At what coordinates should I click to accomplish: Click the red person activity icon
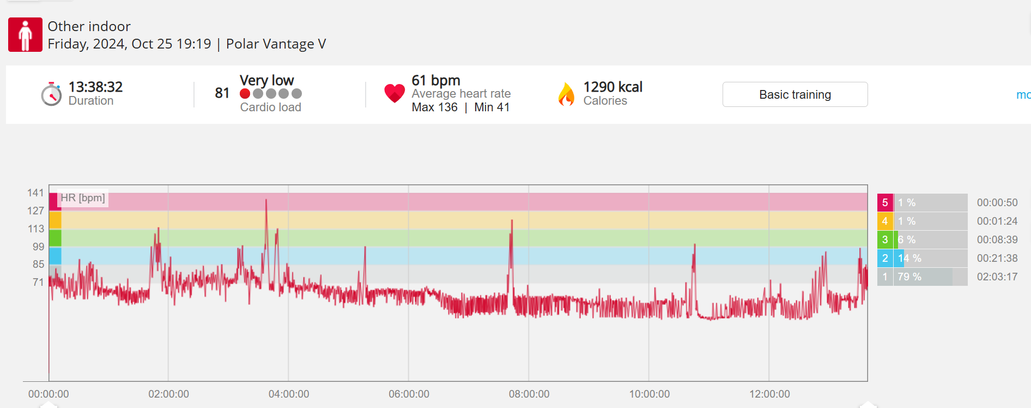(25, 34)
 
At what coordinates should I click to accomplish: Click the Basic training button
(795, 94)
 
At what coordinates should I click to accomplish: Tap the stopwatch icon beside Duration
(51, 94)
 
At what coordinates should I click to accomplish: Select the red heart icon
(394, 93)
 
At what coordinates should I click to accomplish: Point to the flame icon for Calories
(566, 94)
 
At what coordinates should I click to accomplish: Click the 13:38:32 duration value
(95, 87)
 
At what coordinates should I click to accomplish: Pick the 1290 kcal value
(612, 87)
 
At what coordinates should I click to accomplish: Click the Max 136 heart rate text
(434, 107)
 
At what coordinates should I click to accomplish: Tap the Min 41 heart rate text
(492, 107)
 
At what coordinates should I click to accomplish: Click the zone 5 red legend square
(885, 203)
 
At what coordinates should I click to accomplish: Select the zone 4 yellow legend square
(885, 221)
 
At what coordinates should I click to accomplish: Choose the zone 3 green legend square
(885, 240)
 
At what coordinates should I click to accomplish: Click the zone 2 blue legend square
(885, 259)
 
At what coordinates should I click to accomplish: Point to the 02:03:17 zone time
(997, 277)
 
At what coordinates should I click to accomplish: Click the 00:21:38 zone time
(997, 259)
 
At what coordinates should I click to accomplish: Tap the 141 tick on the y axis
(35, 193)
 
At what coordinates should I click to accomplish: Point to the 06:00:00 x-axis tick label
(409, 394)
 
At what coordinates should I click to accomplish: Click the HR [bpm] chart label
(83, 198)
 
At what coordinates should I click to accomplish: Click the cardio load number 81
(222, 93)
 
